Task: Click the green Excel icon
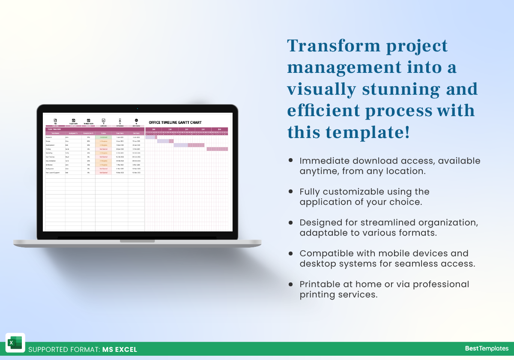point(15,343)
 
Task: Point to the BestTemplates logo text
point(487,348)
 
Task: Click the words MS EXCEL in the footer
point(120,349)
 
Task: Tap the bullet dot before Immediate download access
point(291,160)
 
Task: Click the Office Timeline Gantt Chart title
point(175,123)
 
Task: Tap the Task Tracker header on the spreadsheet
point(54,129)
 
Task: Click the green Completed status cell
point(104,137)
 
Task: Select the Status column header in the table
point(104,133)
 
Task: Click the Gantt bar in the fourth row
point(217,149)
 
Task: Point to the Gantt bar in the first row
point(151,137)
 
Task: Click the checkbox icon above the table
point(103,120)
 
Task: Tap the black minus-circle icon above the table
point(136,120)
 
